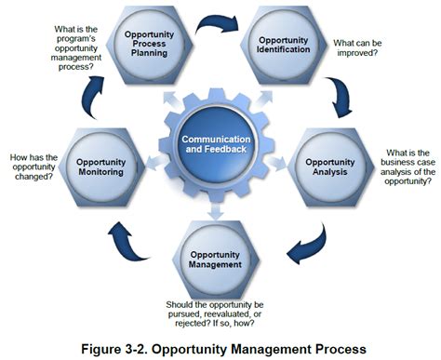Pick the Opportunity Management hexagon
click(x=216, y=260)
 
